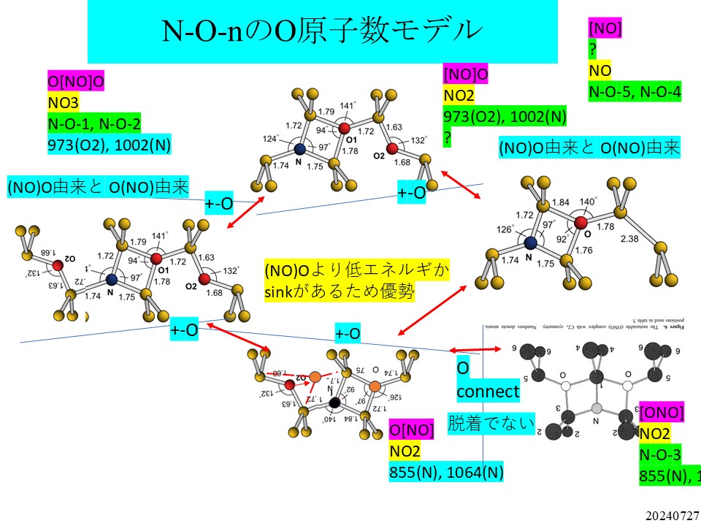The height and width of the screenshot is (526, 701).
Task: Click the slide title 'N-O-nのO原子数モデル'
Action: pos(321,30)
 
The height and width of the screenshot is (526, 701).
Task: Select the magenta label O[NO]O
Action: pos(77,81)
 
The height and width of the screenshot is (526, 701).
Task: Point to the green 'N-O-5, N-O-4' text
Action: pos(635,91)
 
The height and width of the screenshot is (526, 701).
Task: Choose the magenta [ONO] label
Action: pos(662,413)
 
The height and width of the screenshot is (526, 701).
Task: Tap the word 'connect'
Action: pos(488,392)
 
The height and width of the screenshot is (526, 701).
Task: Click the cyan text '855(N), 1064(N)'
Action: pos(446,472)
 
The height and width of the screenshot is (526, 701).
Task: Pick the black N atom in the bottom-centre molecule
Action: pos(334,403)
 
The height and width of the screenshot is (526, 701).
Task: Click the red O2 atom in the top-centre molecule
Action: pos(392,149)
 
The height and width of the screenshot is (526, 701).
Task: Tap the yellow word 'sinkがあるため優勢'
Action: pos(340,292)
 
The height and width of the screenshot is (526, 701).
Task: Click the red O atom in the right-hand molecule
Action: pos(581,222)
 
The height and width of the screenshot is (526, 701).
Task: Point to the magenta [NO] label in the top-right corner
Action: pos(605,28)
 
